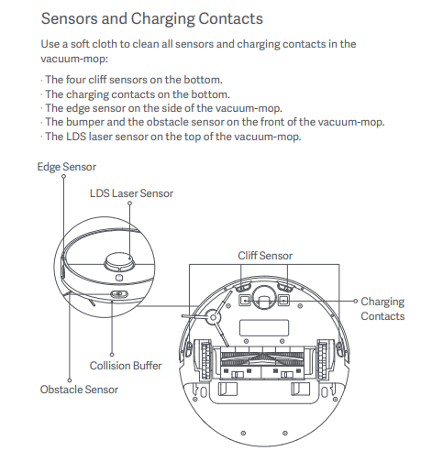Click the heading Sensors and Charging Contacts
pos(152,19)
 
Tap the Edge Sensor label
pos(67,167)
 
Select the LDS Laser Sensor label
pos(131,193)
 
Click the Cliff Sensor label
pos(265,256)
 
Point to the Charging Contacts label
pos(382,309)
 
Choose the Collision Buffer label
pos(126,366)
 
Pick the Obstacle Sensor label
pos(79,390)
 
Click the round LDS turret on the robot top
pos(119,262)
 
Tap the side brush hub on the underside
pos(214,318)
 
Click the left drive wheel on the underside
pos(205,360)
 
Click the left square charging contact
pos(245,301)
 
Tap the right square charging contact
pos(283,301)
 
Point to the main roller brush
pos(263,359)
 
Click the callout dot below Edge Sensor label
pos(63,176)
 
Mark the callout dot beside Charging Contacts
pos(355,301)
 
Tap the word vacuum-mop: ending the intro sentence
pos(74,59)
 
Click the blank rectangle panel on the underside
pos(264,328)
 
